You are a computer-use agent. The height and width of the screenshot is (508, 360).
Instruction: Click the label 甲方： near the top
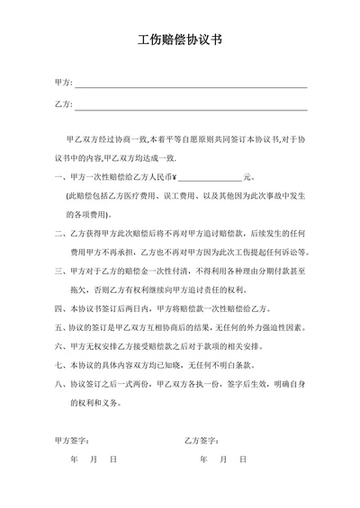click(62, 83)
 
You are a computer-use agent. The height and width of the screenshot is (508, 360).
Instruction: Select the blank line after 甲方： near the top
click(191, 84)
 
